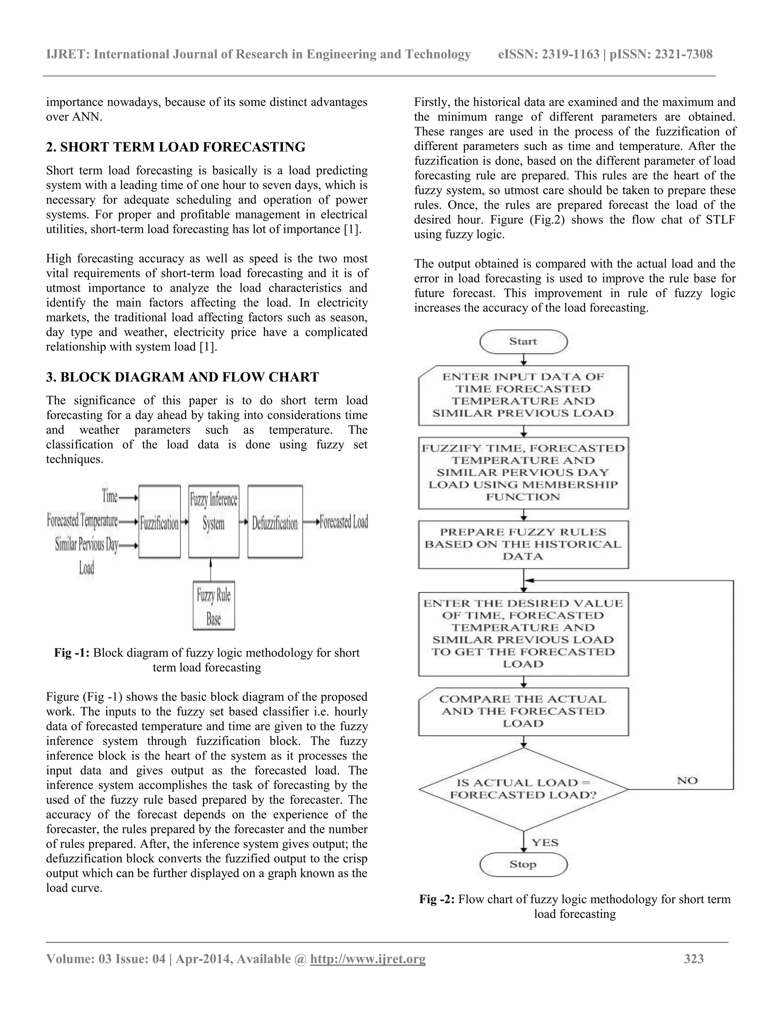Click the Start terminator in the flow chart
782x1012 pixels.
pyautogui.click(x=523, y=342)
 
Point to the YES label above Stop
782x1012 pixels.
pyautogui.click(x=545, y=842)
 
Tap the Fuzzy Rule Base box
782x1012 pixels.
pyautogui.click(x=213, y=606)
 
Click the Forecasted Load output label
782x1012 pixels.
pyautogui.click(x=344, y=522)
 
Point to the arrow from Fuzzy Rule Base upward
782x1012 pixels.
pyautogui.click(x=211, y=569)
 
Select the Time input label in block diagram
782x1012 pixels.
pyautogui.click(x=110, y=497)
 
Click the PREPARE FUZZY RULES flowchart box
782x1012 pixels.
pyautogui.click(x=523, y=545)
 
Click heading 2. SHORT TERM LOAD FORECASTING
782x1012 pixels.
pyautogui.click(x=176, y=147)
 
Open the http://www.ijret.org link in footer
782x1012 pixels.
pyautogui.click(x=367, y=959)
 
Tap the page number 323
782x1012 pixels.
pyautogui.click(x=693, y=959)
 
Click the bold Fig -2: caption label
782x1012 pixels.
pyautogui.click(x=437, y=899)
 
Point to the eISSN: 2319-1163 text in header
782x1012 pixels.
pyautogui.click(x=549, y=54)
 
